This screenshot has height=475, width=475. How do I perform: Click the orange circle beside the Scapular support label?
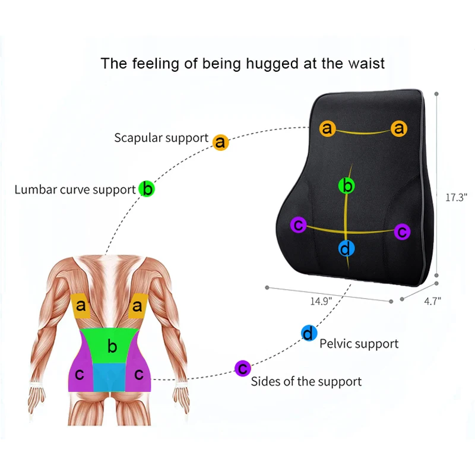coord(220,142)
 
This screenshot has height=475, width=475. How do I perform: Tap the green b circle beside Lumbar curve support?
coord(147,189)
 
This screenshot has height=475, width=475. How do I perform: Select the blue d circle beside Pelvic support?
coord(309,334)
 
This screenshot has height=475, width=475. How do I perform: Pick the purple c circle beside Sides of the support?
coord(242,369)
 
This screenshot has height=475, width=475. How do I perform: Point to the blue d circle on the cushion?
coord(347,248)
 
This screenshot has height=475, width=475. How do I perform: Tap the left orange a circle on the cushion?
coord(327,128)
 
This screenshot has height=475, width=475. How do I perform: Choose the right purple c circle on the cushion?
coord(402,231)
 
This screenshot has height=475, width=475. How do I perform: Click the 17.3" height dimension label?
coord(457,197)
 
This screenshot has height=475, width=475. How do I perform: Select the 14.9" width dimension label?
coord(320,300)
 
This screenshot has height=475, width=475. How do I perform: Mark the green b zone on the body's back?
coord(112,346)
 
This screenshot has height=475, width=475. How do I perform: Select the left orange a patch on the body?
coord(81,306)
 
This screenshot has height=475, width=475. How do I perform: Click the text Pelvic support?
coord(359,344)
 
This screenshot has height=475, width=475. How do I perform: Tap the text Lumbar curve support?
coord(75,190)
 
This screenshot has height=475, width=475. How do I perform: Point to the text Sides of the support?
coord(306,381)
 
